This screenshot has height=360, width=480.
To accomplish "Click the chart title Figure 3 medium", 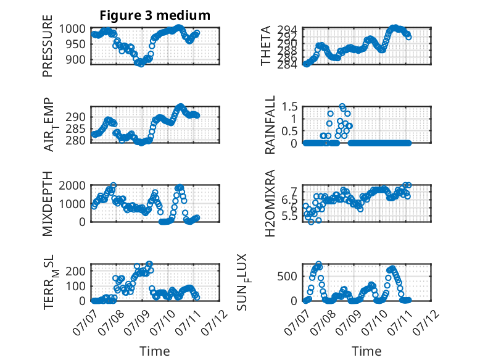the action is pyautogui.click(x=155, y=15).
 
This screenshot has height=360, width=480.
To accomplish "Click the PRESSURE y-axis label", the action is pyautogui.click(x=48, y=46).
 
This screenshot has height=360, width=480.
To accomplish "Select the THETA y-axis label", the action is pyautogui.click(x=266, y=46).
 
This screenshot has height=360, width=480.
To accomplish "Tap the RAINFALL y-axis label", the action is pyautogui.click(x=270, y=125).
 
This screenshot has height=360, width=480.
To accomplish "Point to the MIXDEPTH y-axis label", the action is pyautogui.click(x=48, y=203).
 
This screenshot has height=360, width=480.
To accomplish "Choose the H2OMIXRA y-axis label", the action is pyautogui.click(x=270, y=203).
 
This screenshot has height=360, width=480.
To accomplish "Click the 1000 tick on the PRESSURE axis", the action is pyautogui.click(x=72, y=29).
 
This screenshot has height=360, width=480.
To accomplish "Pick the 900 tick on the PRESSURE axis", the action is pyautogui.click(x=75, y=60).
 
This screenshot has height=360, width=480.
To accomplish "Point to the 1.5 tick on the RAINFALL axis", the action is pyautogui.click(x=289, y=107).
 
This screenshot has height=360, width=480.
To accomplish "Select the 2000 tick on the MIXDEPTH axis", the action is pyautogui.click(x=72, y=186).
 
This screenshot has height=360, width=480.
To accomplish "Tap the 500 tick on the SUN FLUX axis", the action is pyautogui.click(x=287, y=277).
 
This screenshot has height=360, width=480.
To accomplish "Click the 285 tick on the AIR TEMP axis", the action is pyautogui.click(x=75, y=128).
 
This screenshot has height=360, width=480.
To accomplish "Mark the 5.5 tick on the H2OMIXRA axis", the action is pyautogui.click(x=289, y=217).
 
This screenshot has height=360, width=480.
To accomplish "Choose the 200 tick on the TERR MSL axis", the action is pyautogui.click(x=75, y=271).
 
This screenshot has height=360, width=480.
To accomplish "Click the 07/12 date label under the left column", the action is pyautogui.click(x=215, y=322).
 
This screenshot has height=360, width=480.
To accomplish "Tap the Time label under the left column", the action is pyautogui.click(x=155, y=351).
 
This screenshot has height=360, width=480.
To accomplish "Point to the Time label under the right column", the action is pyautogui.click(x=366, y=351).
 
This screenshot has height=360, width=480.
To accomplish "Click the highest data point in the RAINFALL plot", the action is pyautogui.click(x=342, y=106).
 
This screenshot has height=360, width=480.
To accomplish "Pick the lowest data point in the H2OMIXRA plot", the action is pyautogui.click(x=311, y=222).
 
